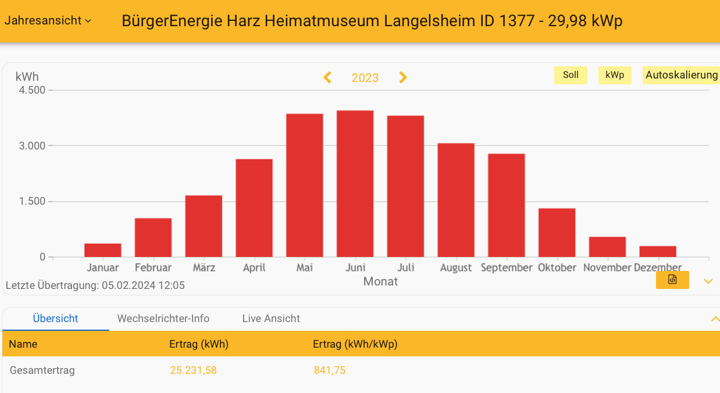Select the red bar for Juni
click(x=355, y=184)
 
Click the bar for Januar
click(x=102, y=251)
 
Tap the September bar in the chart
click(x=506, y=205)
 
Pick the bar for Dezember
click(x=658, y=252)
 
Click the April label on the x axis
click(x=254, y=268)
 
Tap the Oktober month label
click(x=557, y=268)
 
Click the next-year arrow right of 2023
click(x=403, y=77)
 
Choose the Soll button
click(x=571, y=75)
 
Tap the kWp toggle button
click(x=615, y=75)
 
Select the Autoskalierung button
click(x=681, y=75)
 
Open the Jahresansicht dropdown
click(x=48, y=20)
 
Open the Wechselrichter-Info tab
click(x=163, y=319)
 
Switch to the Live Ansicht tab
click(x=271, y=319)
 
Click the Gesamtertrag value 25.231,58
click(x=193, y=370)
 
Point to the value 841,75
click(x=329, y=370)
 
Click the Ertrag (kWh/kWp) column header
click(x=355, y=344)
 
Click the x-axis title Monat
click(x=380, y=282)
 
